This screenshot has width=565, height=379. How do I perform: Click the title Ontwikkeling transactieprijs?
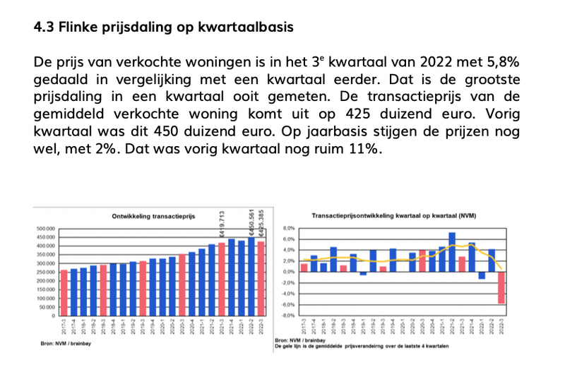click(152, 217)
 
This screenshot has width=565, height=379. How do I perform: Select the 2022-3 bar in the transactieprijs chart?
click(261, 279)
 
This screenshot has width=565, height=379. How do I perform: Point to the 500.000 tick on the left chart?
click(46, 229)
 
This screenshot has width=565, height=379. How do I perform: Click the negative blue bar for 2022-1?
click(482, 275)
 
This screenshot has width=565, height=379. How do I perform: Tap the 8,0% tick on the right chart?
click(288, 229)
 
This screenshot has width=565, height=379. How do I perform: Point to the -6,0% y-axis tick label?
click(287, 305)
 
